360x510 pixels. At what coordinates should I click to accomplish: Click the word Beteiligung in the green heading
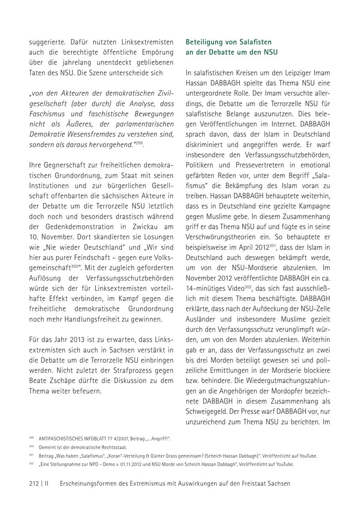204,42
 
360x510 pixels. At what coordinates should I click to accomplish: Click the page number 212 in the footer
34,483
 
